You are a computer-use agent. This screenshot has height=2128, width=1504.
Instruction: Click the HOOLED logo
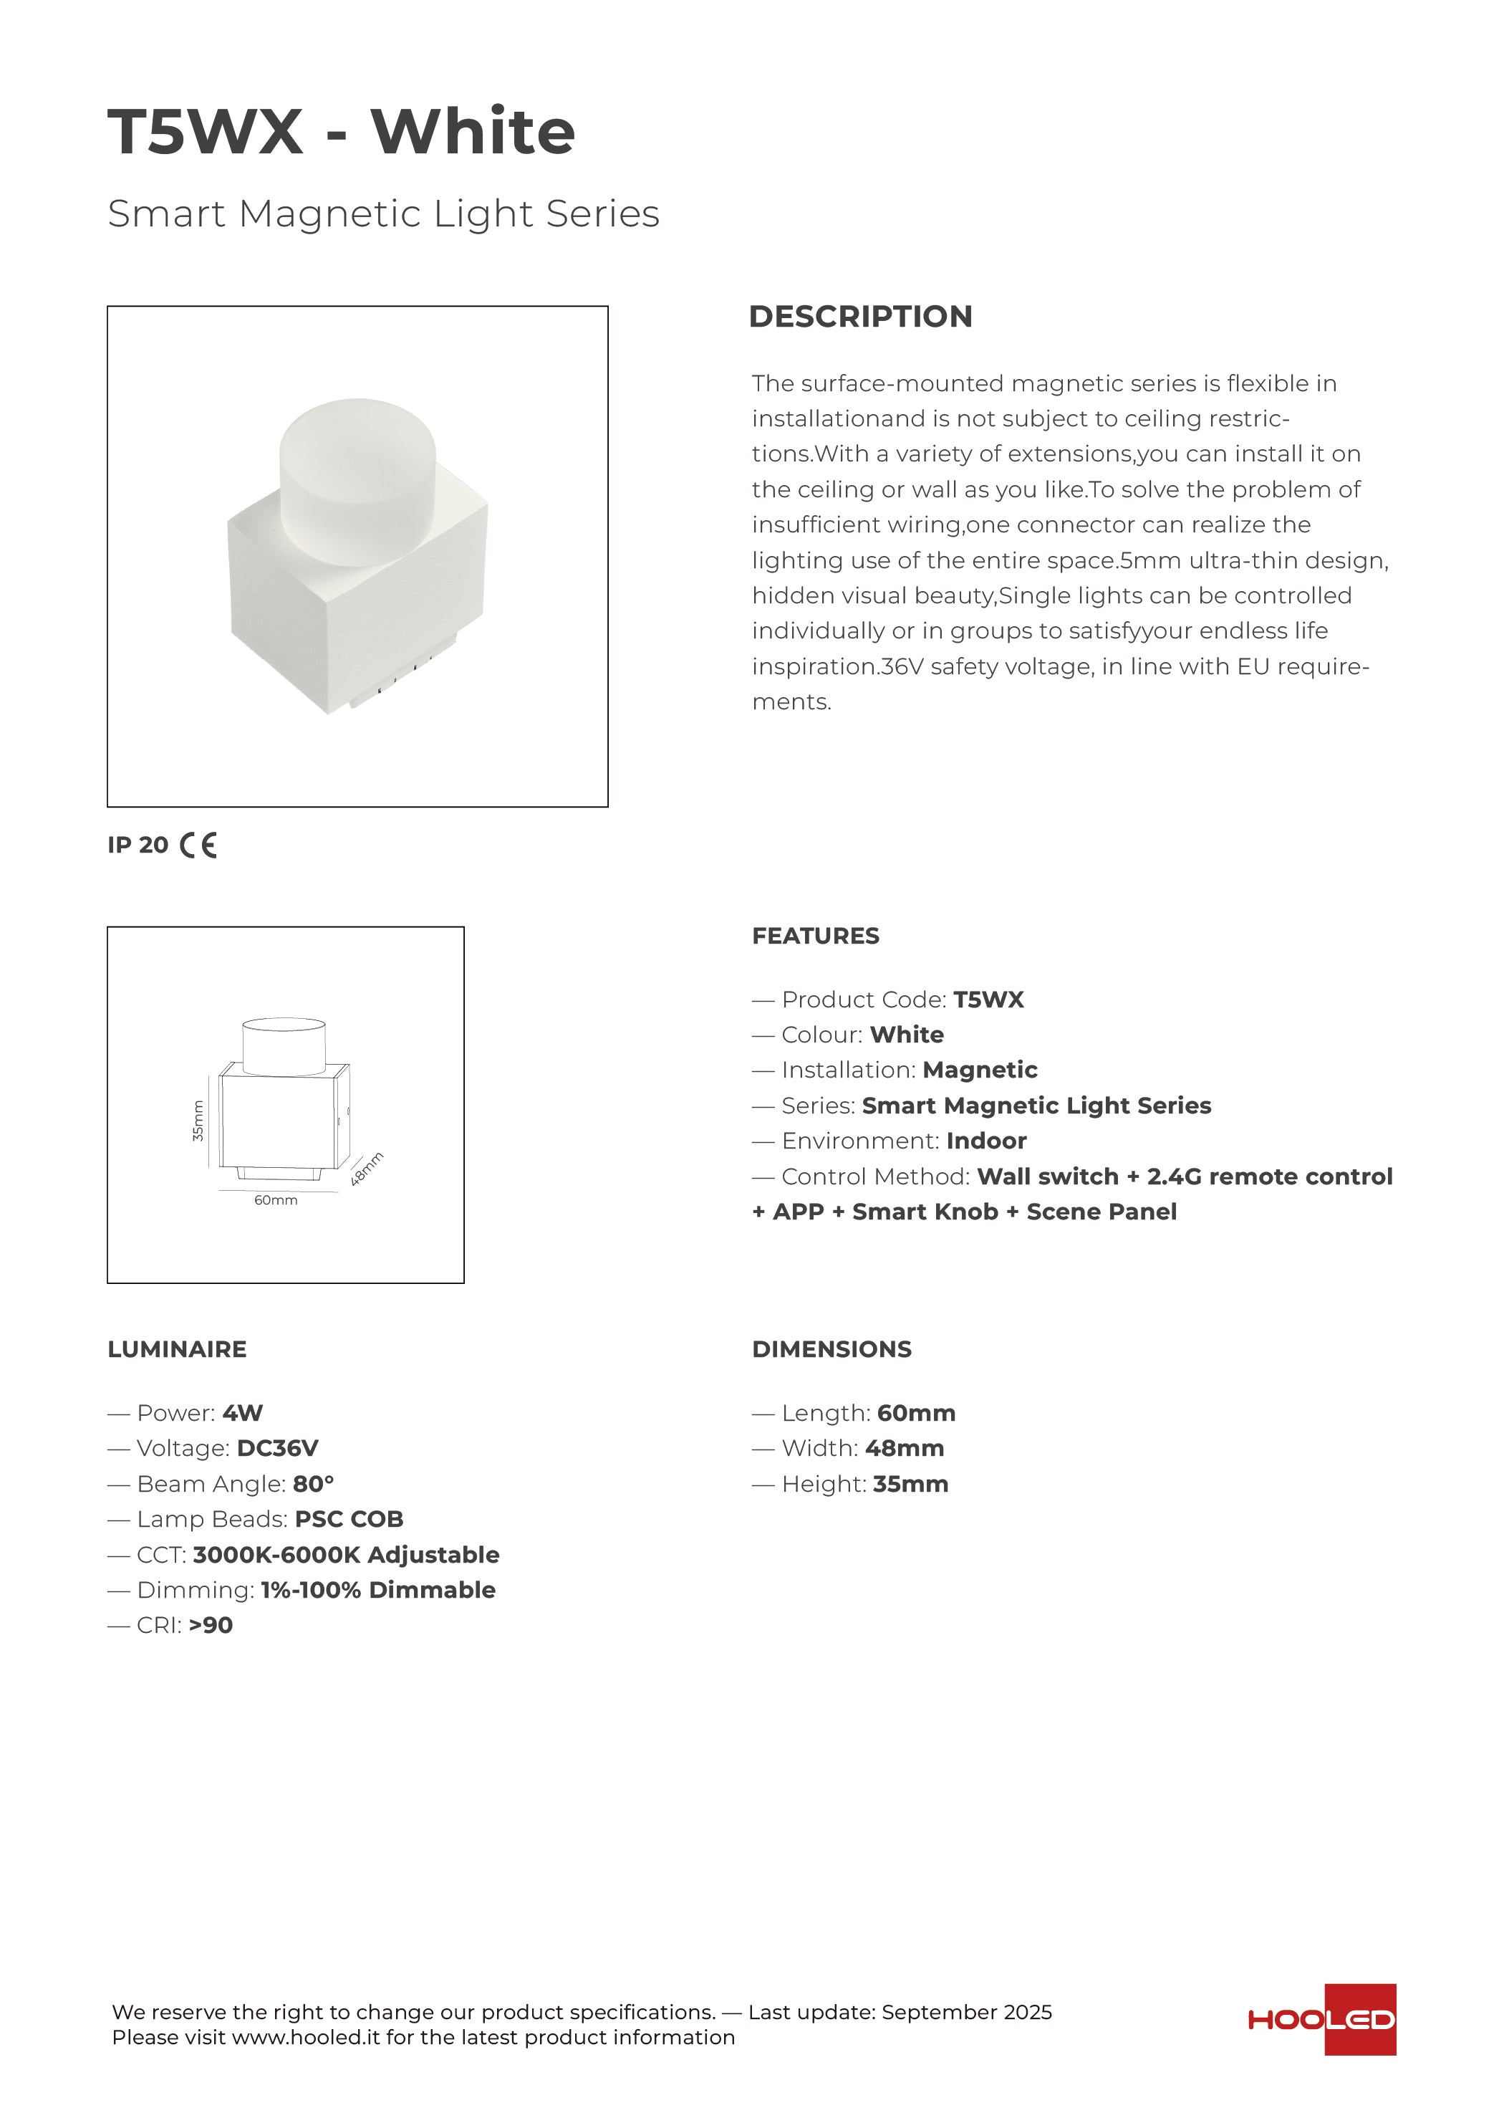pyautogui.click(x=1321, y=2020)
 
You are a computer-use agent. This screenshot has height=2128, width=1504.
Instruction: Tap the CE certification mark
pyautogui.click(x=198, y=845)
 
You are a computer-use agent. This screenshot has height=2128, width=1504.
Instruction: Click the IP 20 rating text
pyautogui.click(x=138, y=845)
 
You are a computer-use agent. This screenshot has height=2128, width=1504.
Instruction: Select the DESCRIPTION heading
pyautogui.click(x=860, y=316)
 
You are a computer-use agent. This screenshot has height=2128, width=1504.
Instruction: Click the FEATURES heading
pyautogui.click(x=816, y=936)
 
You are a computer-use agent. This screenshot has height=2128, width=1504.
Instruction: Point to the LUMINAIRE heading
pyautogui.click(x=177, y=1349)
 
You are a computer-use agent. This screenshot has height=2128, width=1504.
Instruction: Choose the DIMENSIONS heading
pyautogui.click(x=831, y=1349)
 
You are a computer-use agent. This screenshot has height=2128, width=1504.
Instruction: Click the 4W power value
pyautogui.click(x=243, y=1414)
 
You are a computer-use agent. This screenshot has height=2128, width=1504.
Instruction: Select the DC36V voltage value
pyautogui.click(x=277, y=1449)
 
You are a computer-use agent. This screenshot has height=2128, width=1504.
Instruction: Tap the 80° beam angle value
pyautogui.click(x=313, y=1484)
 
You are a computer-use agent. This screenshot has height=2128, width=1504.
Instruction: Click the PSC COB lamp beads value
pyautogui.click(x=350, y=1519)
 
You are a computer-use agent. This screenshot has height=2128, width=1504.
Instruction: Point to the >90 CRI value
pyautogui.click(x=211, y=1626)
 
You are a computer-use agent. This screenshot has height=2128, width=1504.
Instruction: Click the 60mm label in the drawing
pyautogui.click(x=276, y=1200)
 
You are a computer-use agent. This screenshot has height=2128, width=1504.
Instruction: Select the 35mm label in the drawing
pyautogui.click(x=198, y=1120)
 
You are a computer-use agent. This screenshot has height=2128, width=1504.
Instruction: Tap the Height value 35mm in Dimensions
pyautogui.click(x=910, y=1484)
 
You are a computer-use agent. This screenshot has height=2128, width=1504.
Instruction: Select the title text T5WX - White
pyautogui.click(x=341, y=132)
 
